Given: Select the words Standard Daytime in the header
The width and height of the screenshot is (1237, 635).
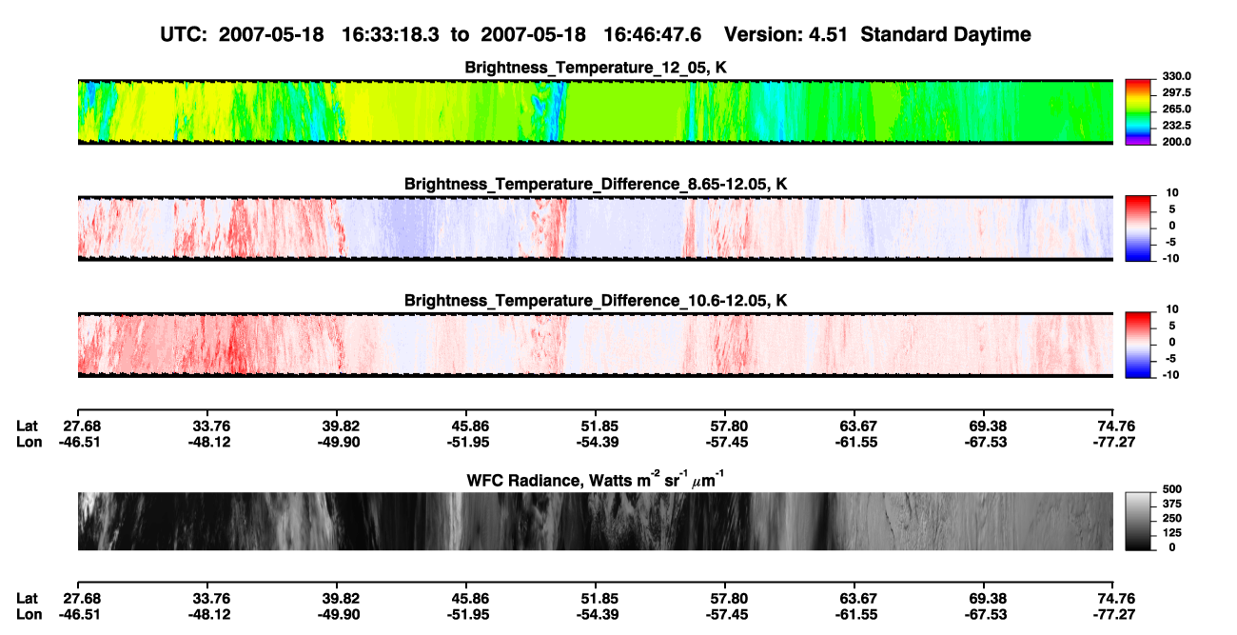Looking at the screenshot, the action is pos(946,34).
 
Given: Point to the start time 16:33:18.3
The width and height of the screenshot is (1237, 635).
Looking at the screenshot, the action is pos(390,34).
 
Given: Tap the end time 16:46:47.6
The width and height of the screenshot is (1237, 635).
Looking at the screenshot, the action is pos(652,34).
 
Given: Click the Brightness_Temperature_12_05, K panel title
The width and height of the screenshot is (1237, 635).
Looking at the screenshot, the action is pos(596,68).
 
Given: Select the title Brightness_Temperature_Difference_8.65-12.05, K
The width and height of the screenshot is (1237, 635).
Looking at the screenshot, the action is pos(596,184).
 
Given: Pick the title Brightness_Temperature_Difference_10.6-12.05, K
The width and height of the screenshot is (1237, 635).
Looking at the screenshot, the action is pos(596,301).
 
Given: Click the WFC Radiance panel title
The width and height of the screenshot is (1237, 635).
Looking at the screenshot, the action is pos(596,480).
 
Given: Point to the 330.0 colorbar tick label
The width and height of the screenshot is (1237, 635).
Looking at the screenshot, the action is pos(1176,76).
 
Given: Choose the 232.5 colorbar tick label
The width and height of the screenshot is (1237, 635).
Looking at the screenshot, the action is pos(1176,126).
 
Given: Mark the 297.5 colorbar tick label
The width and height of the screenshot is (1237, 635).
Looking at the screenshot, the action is pos(1176,92).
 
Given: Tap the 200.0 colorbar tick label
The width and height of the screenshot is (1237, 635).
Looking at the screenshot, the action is pos(1176,142).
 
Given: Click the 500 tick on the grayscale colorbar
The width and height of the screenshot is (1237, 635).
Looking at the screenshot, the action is pos(1172,489).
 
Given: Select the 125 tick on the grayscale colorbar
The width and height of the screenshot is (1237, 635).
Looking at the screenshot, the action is pos(1172,533).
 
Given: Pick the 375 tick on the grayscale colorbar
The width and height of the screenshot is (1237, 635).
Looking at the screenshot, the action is pos(1172,504).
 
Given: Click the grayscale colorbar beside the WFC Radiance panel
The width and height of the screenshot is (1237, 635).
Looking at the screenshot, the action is pos(1138,521).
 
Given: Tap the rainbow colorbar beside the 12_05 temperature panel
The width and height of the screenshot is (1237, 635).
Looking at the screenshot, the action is pos(1138,112).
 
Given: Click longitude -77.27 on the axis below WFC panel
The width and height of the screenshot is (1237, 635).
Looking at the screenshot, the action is pos(1114,615).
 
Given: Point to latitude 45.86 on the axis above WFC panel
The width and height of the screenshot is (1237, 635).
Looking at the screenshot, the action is pos(468,427).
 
